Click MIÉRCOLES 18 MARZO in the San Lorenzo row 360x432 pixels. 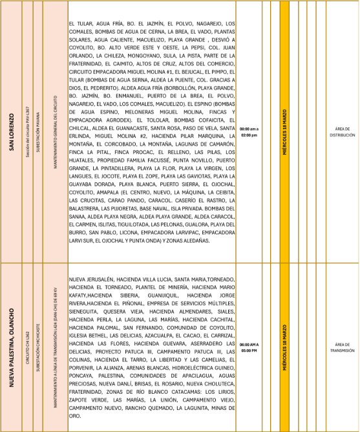pos(284,133)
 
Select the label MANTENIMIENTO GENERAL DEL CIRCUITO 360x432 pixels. pos(55,133)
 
